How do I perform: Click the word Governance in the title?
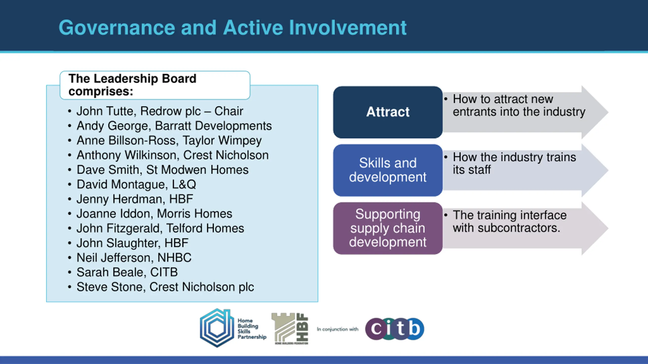tap(117, 28)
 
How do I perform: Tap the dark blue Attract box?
tap(388, 112)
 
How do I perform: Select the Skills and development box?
tap(388, 170)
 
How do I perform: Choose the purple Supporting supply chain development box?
tap(388, 228)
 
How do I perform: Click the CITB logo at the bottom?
tap(395, 329)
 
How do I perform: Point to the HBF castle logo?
tap(290, 329)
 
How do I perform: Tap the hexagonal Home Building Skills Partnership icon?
tap(217, 328)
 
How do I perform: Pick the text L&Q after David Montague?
tap(184, 184)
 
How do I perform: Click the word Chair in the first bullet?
tap(229, 111)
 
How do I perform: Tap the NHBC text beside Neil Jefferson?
tap(174, 258)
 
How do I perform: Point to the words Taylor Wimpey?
tap(222, 141)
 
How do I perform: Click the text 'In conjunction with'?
tap(338, 329)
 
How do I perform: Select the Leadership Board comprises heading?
tap(132, 85)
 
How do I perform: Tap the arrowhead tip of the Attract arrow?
tap(608, 112)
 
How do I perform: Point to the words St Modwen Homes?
tap(197, 170)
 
